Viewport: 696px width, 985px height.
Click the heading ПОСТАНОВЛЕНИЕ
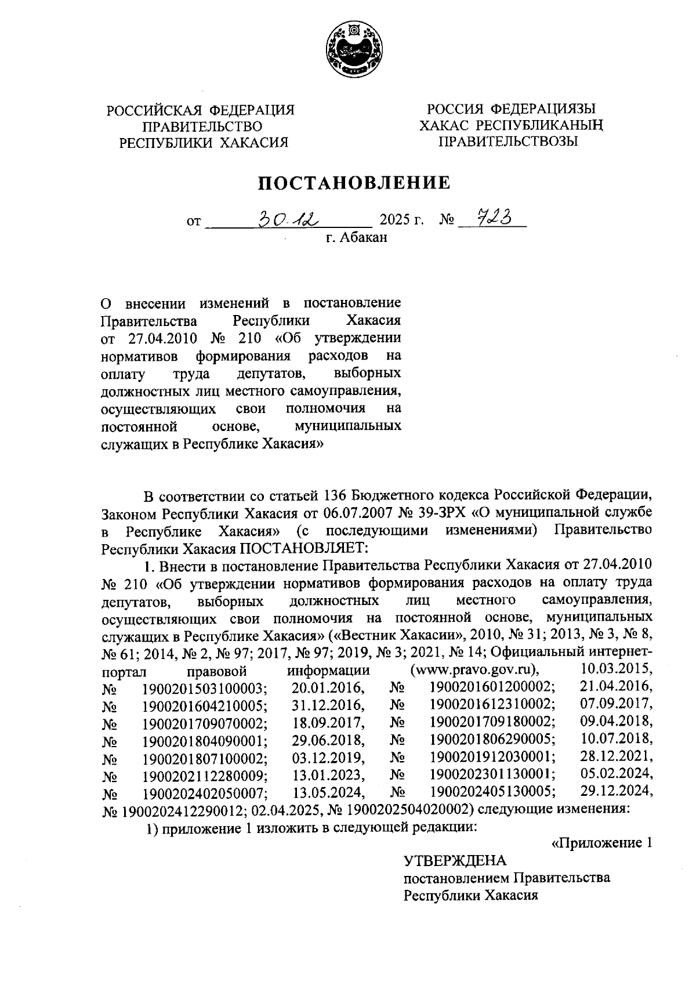click(x=353, y=183)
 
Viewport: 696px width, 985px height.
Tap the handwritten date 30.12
click(x=288, y=219)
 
